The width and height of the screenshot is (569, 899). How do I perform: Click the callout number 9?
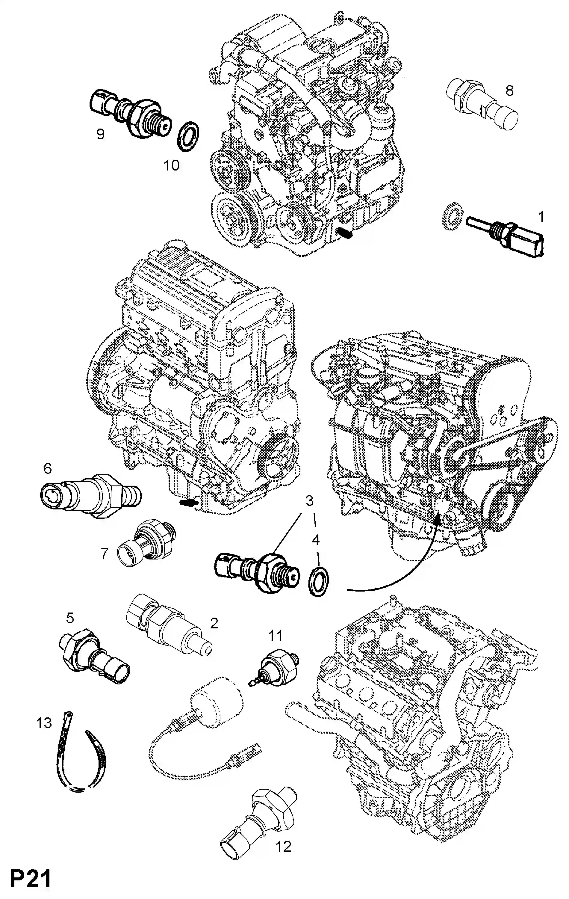100,134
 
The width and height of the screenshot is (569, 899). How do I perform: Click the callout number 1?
540,217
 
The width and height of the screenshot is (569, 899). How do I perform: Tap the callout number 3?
309,501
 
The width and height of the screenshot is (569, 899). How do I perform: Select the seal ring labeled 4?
318,582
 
